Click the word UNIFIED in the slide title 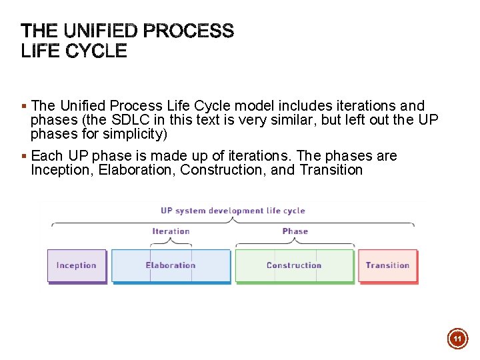pos(101,31)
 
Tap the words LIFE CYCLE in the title pos(74,51)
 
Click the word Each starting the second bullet pos(47,156)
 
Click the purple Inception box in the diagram pos(77,265)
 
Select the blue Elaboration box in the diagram pos(171,265)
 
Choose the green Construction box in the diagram pos(294,265)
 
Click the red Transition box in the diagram pos(387,265)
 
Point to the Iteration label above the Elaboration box pos(171,231)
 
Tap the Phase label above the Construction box pos(295,231)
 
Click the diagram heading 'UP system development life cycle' pos(233,211)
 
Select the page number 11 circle pos(457,339)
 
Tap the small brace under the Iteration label pos(171,243)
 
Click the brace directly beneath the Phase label pos(295,243)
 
